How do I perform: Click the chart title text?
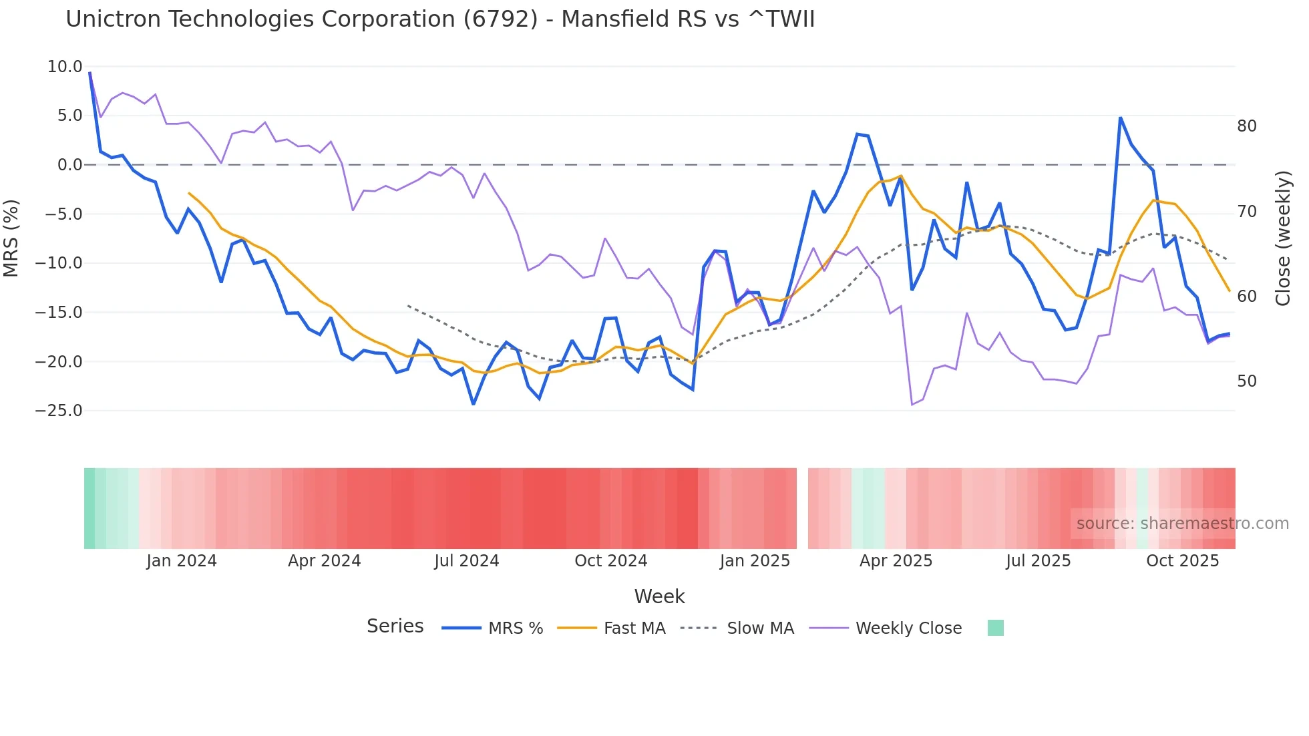440,19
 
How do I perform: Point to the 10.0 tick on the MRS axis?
65,67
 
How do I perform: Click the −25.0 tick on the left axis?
59,411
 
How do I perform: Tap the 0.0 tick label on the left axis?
69,165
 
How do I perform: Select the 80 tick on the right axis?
1246,126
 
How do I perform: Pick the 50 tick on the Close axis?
1246,381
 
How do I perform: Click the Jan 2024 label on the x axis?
182,561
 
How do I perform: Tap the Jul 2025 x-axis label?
1038,561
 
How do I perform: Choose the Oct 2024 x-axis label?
610,561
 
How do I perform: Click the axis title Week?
659,596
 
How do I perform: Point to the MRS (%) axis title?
11,238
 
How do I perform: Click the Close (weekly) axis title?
1282,238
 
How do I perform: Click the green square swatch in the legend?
995,628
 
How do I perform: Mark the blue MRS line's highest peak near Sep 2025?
1120,118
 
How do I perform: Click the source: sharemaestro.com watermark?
1182,524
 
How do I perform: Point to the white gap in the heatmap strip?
802,508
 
